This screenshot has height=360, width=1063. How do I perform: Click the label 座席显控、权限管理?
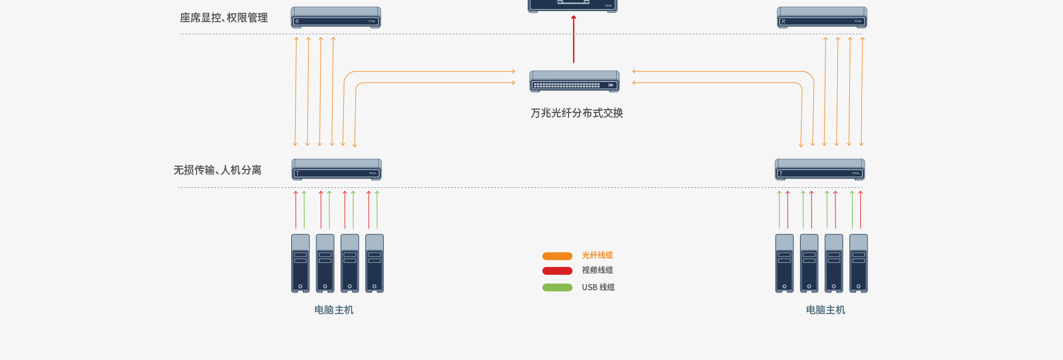point(224,18)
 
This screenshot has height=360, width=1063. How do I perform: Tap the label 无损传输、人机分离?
point(218,170)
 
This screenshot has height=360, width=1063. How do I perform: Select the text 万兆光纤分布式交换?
point(576,113)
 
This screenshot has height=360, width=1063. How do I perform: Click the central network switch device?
point(574,81)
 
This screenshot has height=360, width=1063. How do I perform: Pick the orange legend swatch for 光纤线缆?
point(557,256)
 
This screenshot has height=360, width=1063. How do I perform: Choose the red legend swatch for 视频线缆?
point(557,271)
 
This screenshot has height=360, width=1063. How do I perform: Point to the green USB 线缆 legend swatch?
point(557,287)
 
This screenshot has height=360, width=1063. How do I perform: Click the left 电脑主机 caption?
point(334,310)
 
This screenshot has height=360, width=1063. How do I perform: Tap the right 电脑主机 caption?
point(825,310)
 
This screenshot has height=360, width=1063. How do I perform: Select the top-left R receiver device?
point(336,18)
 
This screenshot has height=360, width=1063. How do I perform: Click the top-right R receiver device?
point(822,18)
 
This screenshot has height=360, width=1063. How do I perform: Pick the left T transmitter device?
point(337,169)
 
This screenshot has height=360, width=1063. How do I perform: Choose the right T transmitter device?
point(820,169)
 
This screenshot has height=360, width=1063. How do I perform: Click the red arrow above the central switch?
point(574,39)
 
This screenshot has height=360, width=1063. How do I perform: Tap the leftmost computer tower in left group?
point(301,263)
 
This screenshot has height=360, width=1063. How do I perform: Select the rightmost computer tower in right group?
point(859,263)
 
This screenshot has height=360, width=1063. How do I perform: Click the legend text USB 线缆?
point(598,287)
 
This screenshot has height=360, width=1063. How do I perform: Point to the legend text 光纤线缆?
point(597,255)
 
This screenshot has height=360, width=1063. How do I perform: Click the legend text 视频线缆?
point(597,270)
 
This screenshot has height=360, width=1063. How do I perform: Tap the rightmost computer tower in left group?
point(374,263)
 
